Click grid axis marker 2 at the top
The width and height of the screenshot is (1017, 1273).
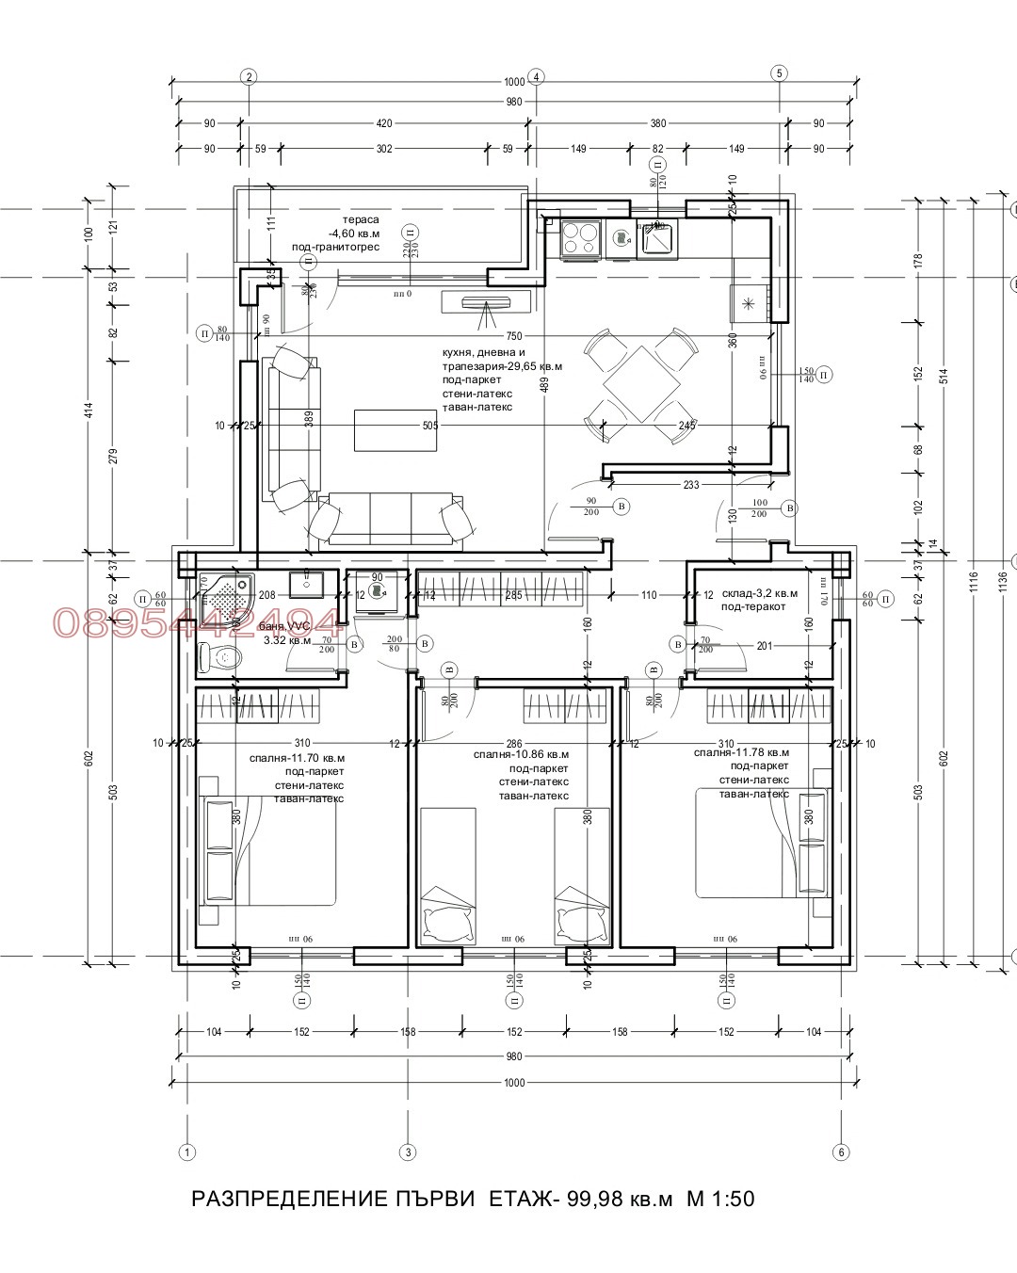click(x=249, y=76)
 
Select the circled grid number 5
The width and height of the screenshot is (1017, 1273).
click(x=779, y=73)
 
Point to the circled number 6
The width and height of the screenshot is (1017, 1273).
click(x=841, y=1151)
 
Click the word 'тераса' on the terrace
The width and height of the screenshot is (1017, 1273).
click(x=362, y=219)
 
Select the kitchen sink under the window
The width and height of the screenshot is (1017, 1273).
click(x=656, y=237)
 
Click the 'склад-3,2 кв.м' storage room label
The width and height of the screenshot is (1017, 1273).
click(x=760, y=594)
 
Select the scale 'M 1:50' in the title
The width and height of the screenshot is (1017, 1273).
click(x=721, y=1200)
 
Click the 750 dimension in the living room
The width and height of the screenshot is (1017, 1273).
click(x=513, y=336)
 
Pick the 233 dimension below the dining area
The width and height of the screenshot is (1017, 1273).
click(x=691, y=485)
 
